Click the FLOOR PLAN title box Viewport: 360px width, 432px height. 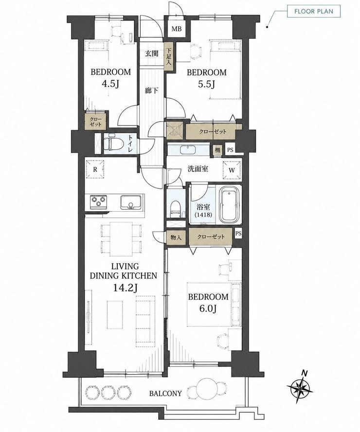pos(314,11)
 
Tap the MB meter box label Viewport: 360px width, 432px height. pos(177,29)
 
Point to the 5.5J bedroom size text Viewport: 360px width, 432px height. pos(206,84)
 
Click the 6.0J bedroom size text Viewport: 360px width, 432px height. pos(208,308)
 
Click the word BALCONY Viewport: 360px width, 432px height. pos(165,394)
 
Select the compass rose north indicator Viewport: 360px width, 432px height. pos(300,388)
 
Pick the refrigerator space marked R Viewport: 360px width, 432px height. pos(95,169)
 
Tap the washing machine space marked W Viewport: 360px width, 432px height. pos(232,170)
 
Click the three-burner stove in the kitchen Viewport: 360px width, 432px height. pos(98,202)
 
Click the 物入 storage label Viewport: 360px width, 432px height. pos(176,237)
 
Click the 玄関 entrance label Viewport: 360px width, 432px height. pos(152,54)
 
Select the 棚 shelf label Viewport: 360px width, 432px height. pos(217,150)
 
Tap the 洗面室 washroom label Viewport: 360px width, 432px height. pos(198,169)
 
